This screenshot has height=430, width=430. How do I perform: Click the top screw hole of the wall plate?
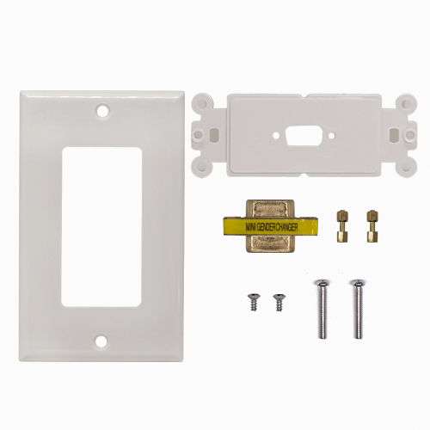click(x=103, y=111)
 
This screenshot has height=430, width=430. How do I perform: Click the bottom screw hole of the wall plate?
click(x=101, y=341)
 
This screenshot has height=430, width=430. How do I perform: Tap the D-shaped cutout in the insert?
click(x=304, y=135)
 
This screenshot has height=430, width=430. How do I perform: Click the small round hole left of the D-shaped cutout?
click(x=276, y=135)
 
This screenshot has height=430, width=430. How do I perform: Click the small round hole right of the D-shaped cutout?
click(x=332, y=135)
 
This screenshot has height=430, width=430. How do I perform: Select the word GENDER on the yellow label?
click(x=266, y=227)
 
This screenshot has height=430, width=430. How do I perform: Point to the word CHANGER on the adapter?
click(x=286, y=227)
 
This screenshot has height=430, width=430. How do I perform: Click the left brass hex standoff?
click(x=341, y=226)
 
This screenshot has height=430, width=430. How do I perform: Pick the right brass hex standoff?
click(x=372, y=226)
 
